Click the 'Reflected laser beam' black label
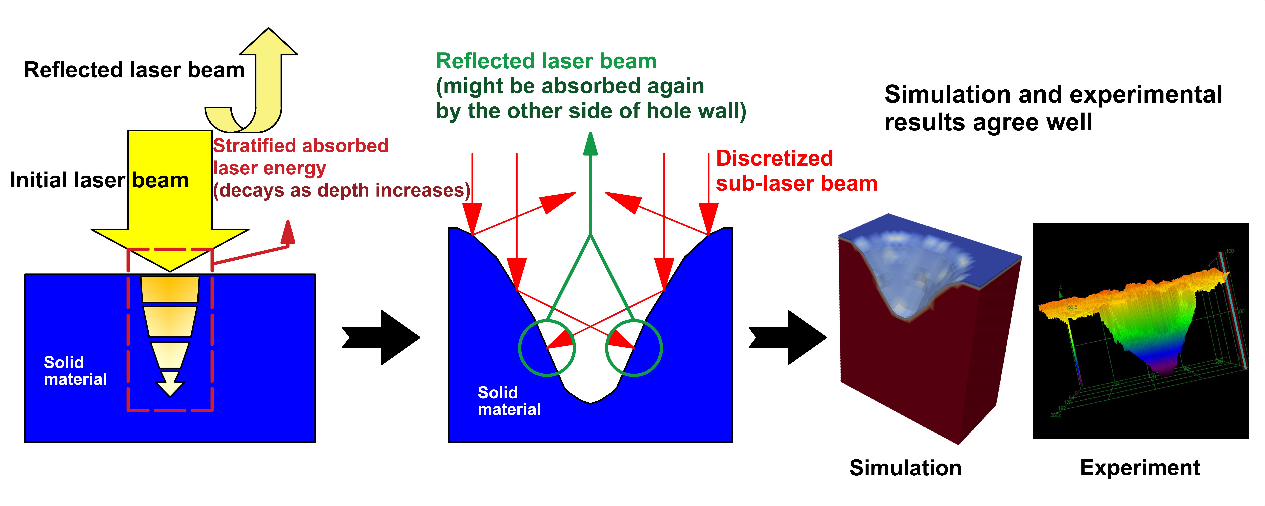[x=134, y=70]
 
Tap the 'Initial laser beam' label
[x=99, y=180]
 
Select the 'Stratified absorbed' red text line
[x=301, y=146]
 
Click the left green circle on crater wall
[x=547, y=348]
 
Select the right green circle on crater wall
[x=634, y=348]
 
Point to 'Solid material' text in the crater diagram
[x=509, y=401]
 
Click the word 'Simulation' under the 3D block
[x=905, y=468]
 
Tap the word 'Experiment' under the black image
[x=1140, y=468]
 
